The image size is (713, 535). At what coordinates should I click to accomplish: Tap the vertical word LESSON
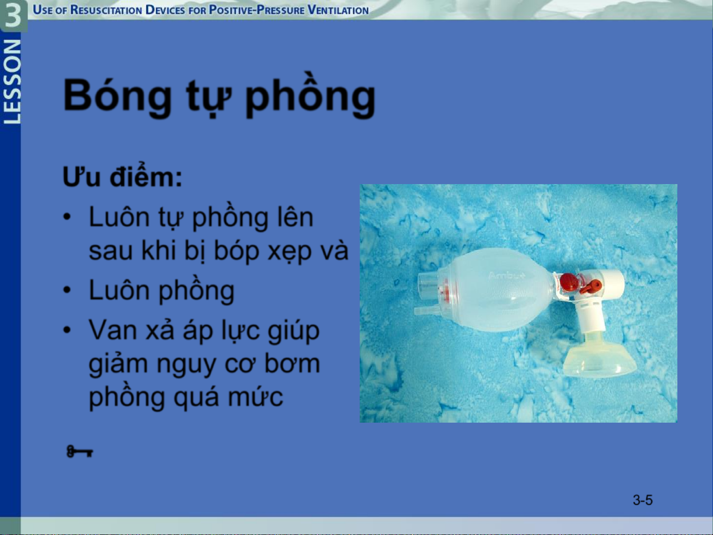pyautogui.click(x=12, y=82)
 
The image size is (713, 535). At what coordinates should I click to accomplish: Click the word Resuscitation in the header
pyautogui.click(x=106, y=10)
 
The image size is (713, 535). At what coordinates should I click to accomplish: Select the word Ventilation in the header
pyautogui.click(x=338, y=10)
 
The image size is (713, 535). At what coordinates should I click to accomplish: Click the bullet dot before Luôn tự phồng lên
pyautogui.click(x=67, y=217)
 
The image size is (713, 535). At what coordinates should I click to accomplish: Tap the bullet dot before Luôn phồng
pyautogui.click(x=67, y=290)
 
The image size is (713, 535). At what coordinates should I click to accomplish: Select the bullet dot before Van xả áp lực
pyautogui.click(x=67, y=330)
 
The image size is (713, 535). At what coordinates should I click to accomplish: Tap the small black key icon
pyautogui.click(x=80, y=451)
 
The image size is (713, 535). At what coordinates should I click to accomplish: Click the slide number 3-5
pyautogui.click(x=643, y=500)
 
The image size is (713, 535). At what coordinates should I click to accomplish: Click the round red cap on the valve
pyautogui.click(x=569, y=282)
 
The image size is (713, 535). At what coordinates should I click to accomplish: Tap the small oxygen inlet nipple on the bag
pyautogui.click(x=426, y=311)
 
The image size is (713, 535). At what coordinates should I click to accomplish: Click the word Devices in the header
pyautogui.click(x=165, y=10)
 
